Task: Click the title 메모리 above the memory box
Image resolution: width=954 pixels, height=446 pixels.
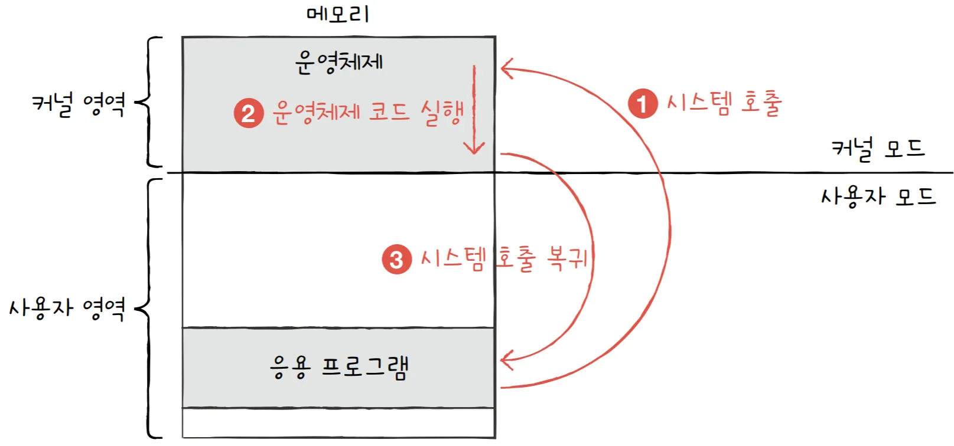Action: pyautogui.click(x=337, y=14)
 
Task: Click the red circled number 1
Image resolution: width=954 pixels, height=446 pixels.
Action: pyautogui.click(x=643, y=104)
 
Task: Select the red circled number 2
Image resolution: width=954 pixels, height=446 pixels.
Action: pyautogui.click(x=249, y=113)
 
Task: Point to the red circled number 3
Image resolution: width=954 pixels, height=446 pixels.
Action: pyautogui.click(x=396, y=260)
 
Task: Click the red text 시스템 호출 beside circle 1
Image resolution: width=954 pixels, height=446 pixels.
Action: pyautogui.click(x=724, y=103)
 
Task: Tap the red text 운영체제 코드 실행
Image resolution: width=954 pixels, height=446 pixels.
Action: pyautogui.click(x=367, y=112)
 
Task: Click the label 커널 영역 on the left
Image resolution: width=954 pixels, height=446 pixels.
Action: pyautogui.click(x=78, y=104)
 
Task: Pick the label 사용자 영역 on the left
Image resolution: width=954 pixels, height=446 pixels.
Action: pyautogui.click(x=66, y=308)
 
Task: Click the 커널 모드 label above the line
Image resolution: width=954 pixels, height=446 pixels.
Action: pyautogui.click(x=878, y=149)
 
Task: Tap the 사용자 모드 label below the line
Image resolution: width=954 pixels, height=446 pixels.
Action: pyautogui.click(x=878, y=196)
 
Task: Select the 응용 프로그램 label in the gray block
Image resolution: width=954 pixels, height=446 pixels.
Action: pyautogui.click(x=338, y=368)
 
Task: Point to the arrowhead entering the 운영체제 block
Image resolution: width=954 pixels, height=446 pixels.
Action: pyautogui.click(x=506, y=68)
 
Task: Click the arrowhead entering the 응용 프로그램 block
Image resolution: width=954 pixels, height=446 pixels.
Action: pyautogui.click(x=506, y=359)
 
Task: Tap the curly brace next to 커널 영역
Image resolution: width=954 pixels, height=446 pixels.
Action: pyautogui.click(x=146, y=102)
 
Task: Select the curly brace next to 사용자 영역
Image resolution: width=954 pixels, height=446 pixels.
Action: pyautogui.click(x=146, y=308)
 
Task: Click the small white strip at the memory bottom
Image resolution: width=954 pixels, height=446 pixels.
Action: pyautogui.click(x=338, y=423)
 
